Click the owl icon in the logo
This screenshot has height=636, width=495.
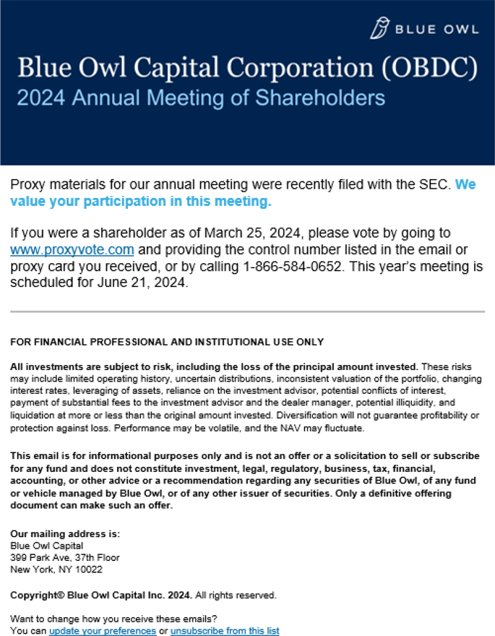379,28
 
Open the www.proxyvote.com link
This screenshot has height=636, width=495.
72,250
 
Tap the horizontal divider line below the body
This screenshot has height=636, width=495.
247,311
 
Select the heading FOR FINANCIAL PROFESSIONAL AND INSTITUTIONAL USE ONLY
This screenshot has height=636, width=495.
167,342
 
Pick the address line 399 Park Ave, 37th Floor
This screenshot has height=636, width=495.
65,558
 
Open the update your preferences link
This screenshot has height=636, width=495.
103,631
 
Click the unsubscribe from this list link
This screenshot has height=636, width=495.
225,631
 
